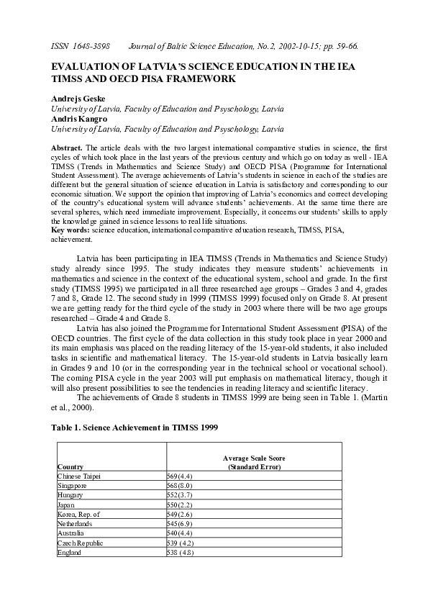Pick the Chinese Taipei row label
(79, 476)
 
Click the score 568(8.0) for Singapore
(180, 486)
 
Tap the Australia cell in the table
(71, 533)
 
